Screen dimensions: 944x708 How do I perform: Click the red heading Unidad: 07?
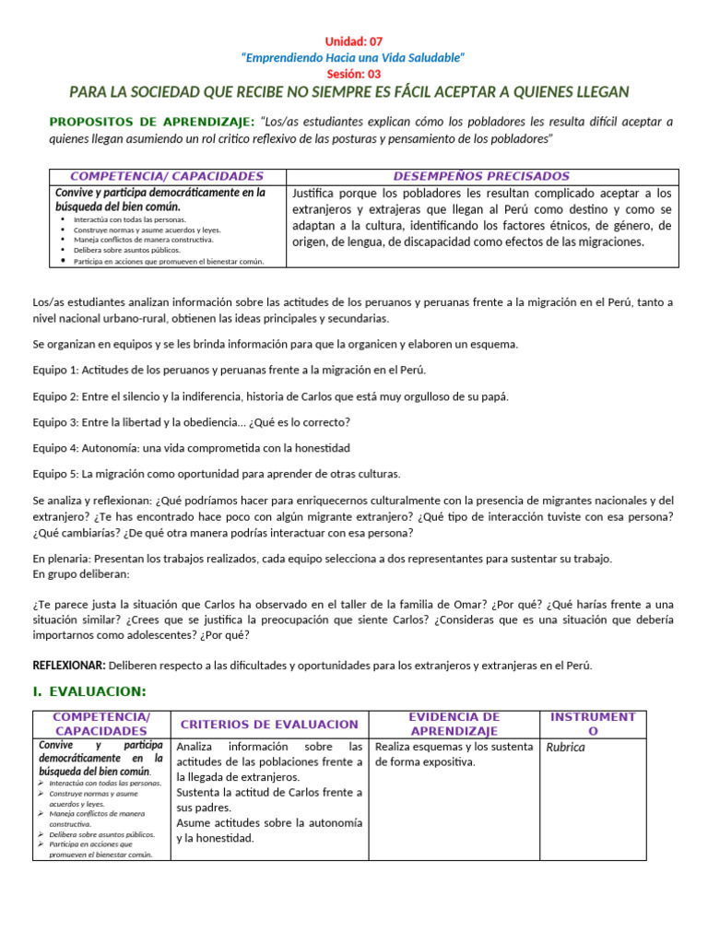[353, 41]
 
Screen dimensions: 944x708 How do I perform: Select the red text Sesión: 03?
[353, 74]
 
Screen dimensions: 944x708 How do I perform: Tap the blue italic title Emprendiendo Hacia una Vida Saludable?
[353, 58]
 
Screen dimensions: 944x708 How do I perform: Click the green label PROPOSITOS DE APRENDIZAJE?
[151, 122]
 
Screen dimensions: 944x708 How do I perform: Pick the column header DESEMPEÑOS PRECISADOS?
[481, 176]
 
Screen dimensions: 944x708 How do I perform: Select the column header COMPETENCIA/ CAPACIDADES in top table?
[167, 176]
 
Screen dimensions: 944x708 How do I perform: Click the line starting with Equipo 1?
[230, 370]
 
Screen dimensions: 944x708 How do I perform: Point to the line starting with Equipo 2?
[270, 396]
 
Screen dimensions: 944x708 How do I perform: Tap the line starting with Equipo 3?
[191, 422]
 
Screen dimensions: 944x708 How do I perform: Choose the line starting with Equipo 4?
[191, 448]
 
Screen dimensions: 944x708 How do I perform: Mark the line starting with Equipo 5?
[217, 474]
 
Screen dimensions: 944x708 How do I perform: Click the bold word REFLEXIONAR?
[69, 665]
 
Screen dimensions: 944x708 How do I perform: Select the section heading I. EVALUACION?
[89, 691]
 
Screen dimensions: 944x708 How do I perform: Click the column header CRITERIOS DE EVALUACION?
[269, 725]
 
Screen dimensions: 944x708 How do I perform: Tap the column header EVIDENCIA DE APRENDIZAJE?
[454, 724]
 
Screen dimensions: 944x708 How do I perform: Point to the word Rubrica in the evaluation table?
[565, 747]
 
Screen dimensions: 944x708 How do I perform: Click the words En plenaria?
[60, 559]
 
